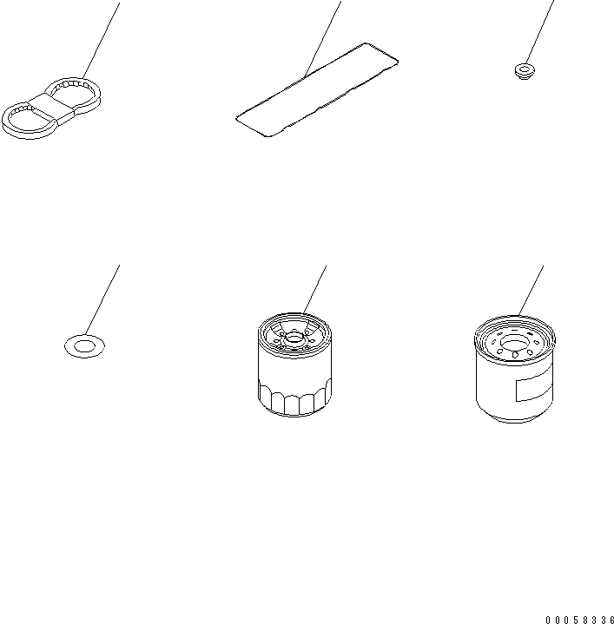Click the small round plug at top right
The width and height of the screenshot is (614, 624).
pyautogui.click(x=523, y=69)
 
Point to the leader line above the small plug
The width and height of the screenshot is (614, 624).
pyautogui.click(x=539, y=30)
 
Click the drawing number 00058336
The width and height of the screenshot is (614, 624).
pyautogui.click(x=578, y=620)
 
